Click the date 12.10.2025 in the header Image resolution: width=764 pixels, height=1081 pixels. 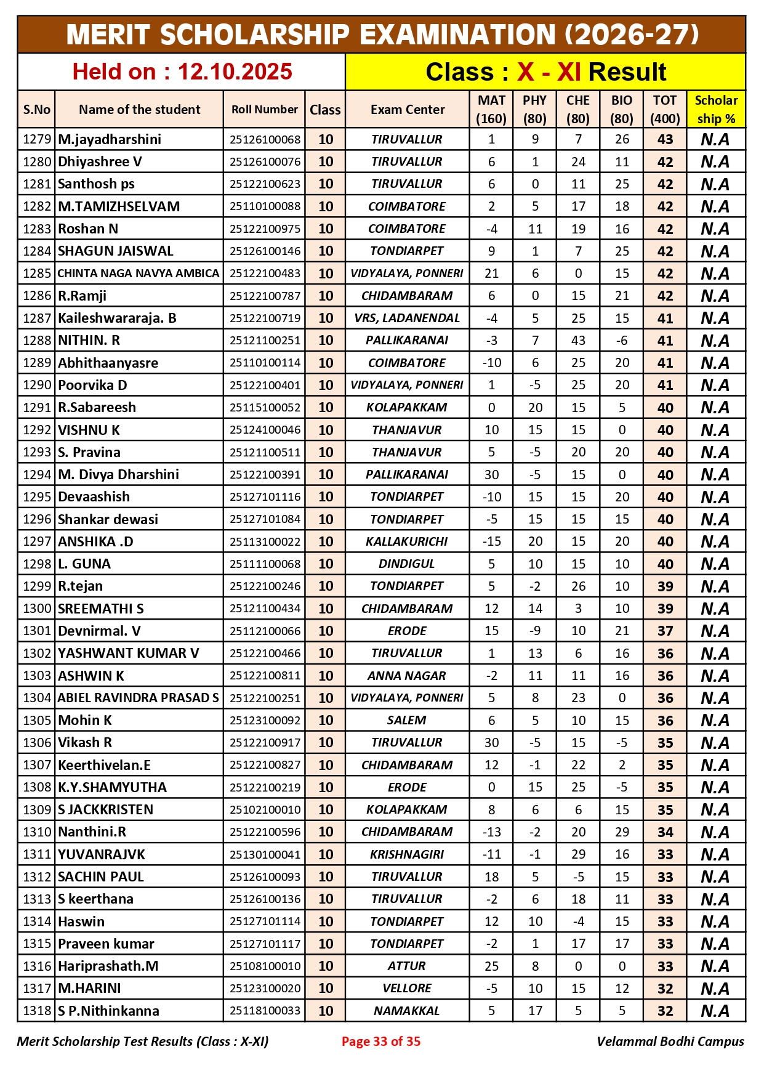(x=235, y=72)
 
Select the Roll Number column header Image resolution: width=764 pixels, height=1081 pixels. (x=264, y=110)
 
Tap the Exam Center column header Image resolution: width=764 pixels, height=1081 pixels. (x=407, y=110)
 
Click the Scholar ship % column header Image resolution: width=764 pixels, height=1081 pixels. (x=715, y=110)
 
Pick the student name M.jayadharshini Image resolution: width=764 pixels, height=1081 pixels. (x=110, y=139)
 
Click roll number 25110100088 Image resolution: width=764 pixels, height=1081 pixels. (x=265, y=206)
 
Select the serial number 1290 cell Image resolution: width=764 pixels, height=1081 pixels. (x=36, y=385)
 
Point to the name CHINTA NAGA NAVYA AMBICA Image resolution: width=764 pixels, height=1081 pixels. (x=139, y=273)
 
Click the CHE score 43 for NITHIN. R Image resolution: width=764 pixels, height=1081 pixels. (x=578, y=341)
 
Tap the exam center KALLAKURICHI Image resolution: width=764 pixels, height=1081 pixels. (x=407, y=541)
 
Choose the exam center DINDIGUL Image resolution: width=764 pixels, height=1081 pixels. (x=407, y=564)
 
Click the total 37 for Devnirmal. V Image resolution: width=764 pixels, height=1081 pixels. (x=665, y=631)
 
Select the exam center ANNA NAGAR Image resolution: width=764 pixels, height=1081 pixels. (x=407, y=676)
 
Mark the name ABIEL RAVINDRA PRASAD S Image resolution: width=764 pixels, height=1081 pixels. (x=139, y=698)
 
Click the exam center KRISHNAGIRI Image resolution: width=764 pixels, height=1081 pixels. (x=407, y=854)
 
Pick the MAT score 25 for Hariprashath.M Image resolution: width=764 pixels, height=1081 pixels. (x=491, y=966)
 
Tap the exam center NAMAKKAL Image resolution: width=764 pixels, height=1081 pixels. (x=407, y=1011)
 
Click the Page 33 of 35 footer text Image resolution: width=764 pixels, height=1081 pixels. (x=381, y=1042)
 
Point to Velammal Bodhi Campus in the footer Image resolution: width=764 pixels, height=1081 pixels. (x=670, y=1042)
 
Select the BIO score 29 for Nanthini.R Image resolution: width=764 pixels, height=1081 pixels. (x=622, y=832)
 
